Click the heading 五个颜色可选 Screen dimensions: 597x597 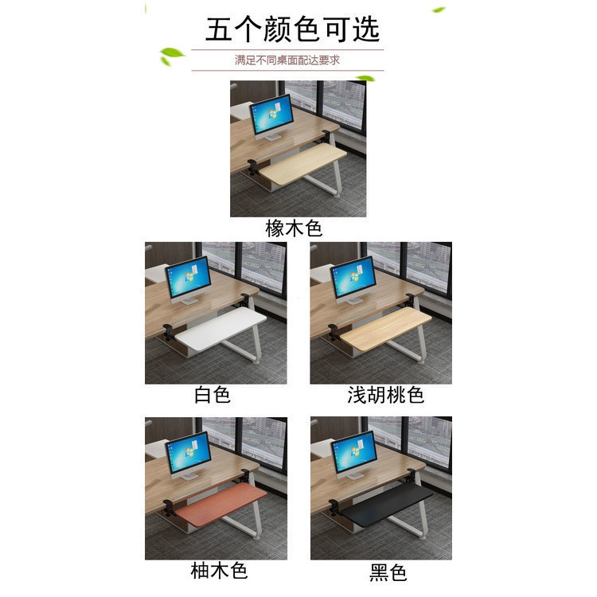click(292, 29)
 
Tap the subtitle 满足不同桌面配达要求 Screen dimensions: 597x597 click(287, 60)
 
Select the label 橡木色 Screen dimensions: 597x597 click(294, 228)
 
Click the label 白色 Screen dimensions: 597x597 click(213, 395)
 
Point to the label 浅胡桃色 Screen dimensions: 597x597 click(386, 395)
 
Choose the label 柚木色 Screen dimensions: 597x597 click(220, 571)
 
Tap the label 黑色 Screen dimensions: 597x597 click(388, 572)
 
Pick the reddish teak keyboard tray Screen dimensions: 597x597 click(221, 504)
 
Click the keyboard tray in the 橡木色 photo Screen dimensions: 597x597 click(302, 164)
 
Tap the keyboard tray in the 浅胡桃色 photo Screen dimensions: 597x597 click(385, 328)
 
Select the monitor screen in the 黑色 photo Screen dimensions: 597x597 click(353, 452)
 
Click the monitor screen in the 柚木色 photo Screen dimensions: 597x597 click(188, 452)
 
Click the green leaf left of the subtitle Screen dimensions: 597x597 click(171, 56)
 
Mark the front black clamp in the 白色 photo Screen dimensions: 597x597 click(169, 331)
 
